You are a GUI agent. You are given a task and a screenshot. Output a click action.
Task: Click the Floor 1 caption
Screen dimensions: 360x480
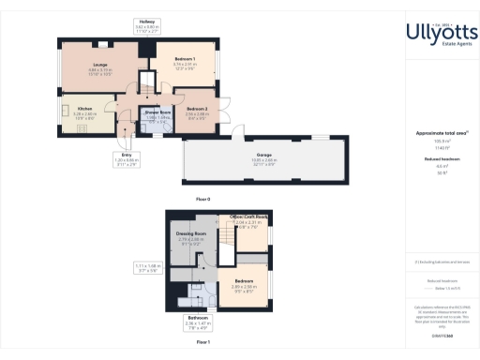202,343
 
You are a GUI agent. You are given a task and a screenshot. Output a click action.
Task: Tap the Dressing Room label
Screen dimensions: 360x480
190,235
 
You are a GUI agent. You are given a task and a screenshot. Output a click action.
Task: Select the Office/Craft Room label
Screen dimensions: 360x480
249,220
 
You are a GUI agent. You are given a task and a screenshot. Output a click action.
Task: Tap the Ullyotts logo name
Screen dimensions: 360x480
441,32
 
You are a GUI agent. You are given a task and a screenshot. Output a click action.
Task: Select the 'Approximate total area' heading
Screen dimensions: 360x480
441,134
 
